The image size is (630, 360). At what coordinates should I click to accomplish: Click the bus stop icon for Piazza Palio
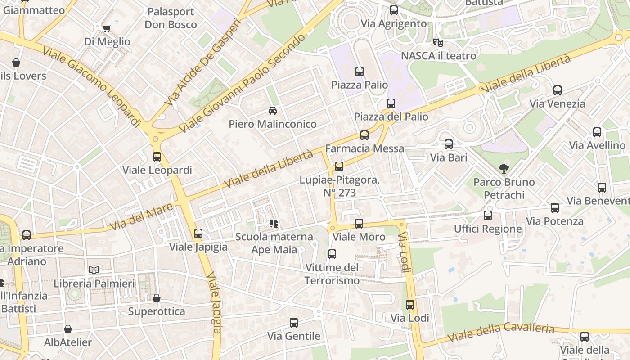pyautogui.click(x=359, y=71)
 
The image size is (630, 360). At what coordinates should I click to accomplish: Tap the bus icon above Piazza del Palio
pyautogui.click(x=391, y=103)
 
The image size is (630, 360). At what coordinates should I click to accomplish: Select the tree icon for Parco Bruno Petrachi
pyautogui.click(x=504, y=169)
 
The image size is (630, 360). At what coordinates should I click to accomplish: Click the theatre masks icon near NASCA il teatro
pyautogui.click(x=438, y=43)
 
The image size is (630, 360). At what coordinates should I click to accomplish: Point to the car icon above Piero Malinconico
pyautogui.click(x=272, y=110)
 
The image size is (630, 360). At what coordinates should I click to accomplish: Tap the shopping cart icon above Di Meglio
pyautogui.click(x=107, y=29)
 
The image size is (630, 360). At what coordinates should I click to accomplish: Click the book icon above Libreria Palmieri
pyautogui.click(x=94, y=270)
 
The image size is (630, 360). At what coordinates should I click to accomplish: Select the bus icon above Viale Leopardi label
pyautogui.click(x=157, y=157)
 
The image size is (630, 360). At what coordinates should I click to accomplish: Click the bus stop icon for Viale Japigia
pyautogui.click(x=198, y=234)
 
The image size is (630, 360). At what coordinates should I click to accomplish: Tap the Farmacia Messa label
pyautogui.click(x=364, y=148)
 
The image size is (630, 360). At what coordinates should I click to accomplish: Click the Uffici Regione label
pyautogui.click(x=488, y=229)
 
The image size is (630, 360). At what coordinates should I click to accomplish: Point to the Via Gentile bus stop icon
pyautogui.click(x=293, y=322)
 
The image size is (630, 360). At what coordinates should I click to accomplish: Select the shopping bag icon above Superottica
pyautogui.click(x=156, y=298)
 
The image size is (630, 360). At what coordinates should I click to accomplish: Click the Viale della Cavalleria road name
pyautogui.click(x=501, y=333)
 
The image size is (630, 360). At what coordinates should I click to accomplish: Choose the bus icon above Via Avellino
pyautogui.click(x=597, y=132)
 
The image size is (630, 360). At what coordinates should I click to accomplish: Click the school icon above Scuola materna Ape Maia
pyautogui.click(x=274, y=223)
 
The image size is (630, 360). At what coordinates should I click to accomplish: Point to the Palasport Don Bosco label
pyautogui.click(x=171, y=18)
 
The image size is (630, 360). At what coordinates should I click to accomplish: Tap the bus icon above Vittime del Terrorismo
pyautogui.click(x=332, y=254)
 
